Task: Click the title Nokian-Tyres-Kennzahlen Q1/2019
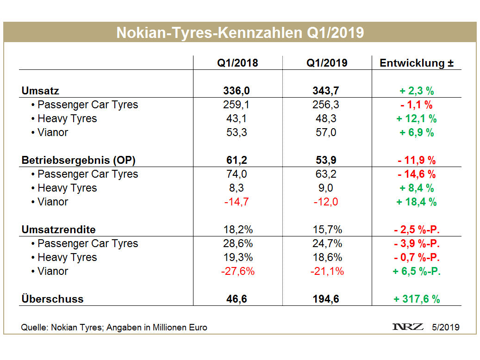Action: (240, 32)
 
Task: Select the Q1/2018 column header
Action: (237, 63)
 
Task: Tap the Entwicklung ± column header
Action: (416, 63)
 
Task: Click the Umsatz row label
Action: (40, 91)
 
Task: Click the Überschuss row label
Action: (52, 299)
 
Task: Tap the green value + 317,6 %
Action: (416, 299)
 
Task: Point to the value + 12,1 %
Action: (416, 118)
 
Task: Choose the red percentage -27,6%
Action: (237, 271)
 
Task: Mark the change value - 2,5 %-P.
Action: (416, 230)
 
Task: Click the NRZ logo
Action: (407, 327)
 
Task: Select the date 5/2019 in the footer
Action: (446, 327)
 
